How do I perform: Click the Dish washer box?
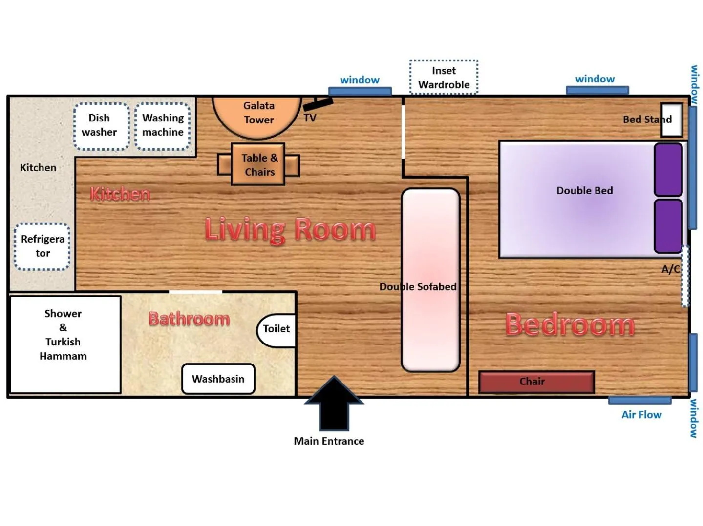(x=101, y=126)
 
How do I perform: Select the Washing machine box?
(x=162, y=126)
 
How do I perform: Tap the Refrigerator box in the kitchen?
(x=42, y=246)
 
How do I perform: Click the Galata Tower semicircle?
(x=257, y=115)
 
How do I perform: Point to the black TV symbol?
(x=318, y=103)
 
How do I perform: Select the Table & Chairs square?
(x=258, y=164)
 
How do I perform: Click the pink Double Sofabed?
(x=430, y=280)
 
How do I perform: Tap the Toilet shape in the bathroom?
(x=277, y=330)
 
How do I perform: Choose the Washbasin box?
(x=218, y=379)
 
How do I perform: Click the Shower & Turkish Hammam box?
(x=64, y=344)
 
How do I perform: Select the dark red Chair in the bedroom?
(x=536, y=382)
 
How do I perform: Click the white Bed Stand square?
(x=672, y=120)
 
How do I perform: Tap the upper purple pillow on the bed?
(x=668, y=169)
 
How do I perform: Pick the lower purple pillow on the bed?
(x=668, y=225)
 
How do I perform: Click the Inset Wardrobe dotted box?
(x=443, y=77)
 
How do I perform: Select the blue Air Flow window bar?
(x=639, y=401)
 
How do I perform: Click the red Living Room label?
(x=290, y=229)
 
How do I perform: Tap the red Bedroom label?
(x=570, y=324)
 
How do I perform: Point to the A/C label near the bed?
(x=670, y=269)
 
